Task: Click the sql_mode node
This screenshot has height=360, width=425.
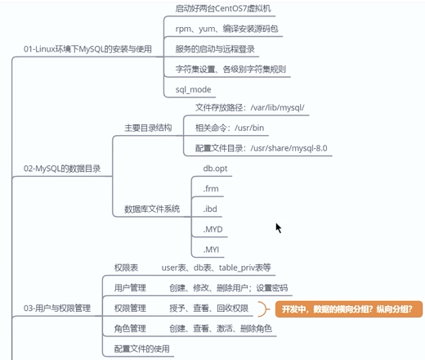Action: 193,89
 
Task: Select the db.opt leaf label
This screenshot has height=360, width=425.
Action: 215,169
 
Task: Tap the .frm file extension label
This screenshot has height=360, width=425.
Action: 211,189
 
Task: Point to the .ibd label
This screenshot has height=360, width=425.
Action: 210,209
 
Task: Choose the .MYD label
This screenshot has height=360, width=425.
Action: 212,229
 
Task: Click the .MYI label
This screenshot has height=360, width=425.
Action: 211,250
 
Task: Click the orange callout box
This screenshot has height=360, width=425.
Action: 349,309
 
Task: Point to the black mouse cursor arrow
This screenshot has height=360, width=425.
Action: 278,228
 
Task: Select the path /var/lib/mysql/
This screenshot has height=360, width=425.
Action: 277,108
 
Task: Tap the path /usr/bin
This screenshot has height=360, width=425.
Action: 249,128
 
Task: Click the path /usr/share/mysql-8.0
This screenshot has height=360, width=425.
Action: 289,148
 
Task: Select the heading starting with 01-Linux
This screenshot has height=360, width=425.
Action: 87,49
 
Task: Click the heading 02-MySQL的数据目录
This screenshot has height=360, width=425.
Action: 62,169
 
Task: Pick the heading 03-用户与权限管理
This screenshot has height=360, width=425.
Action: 57,308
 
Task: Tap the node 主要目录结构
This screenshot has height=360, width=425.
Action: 148,128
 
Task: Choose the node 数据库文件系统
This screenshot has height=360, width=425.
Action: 152,209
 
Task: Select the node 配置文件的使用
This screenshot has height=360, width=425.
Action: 141,349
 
